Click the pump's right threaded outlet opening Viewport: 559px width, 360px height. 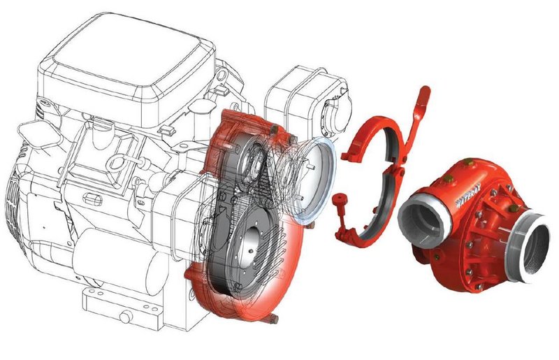(x=531, y=247)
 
